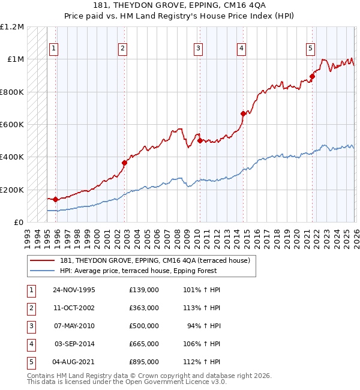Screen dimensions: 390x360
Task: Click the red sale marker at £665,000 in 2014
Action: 243,113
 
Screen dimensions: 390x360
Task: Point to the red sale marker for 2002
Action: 124,163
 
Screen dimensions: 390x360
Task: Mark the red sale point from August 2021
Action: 312,76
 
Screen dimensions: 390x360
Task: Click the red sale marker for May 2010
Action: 199,140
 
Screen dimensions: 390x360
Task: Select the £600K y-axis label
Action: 12,124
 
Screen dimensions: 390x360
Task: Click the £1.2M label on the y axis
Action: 12,27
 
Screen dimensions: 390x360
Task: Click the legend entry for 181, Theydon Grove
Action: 158,260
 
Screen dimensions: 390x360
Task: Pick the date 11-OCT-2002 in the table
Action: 74,308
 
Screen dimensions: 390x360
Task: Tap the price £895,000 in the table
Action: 143,362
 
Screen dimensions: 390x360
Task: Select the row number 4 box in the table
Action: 30,344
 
